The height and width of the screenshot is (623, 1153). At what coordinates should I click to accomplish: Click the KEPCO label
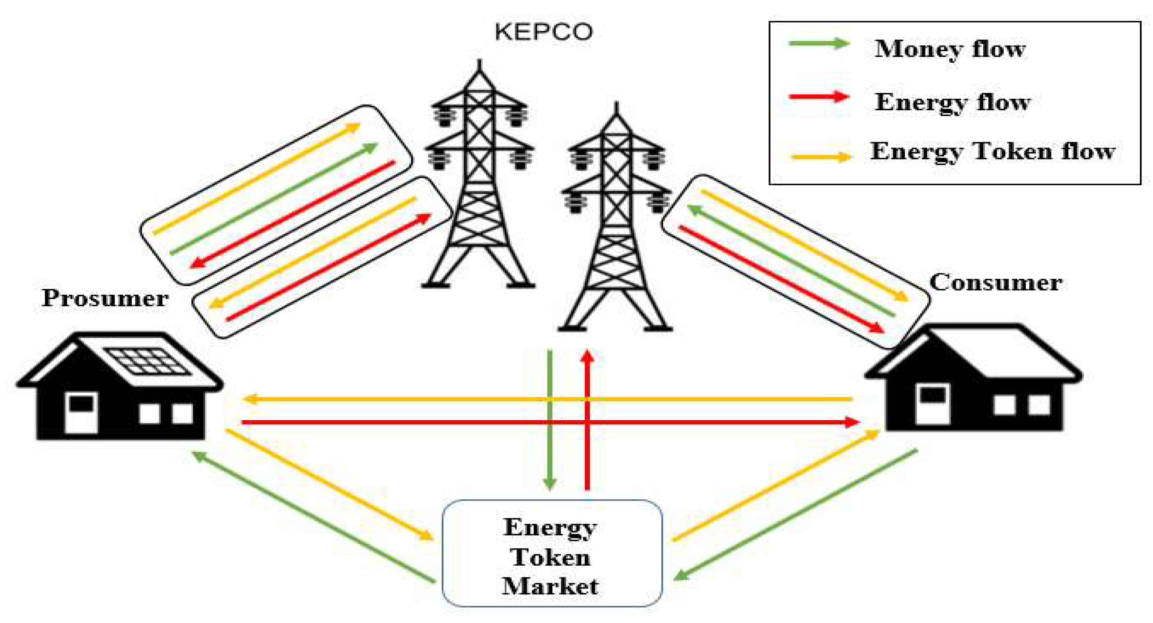point(543,32)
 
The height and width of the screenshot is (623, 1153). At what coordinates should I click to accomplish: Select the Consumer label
point(996,282)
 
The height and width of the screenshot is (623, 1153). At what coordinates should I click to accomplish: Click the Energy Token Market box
point(551,554)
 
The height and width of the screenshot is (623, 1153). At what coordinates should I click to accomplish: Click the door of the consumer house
point(933,403)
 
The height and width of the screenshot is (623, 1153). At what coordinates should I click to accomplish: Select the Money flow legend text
point(950,49)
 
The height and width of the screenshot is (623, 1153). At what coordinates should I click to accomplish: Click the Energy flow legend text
point(952,102)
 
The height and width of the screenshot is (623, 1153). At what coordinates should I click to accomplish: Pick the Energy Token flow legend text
point(992,151)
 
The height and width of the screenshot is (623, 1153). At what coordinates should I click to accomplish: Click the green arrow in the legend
point(819,43)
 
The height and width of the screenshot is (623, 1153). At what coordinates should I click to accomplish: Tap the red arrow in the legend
point(819,96)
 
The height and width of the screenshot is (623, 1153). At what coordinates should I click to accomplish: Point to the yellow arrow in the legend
point(820,157)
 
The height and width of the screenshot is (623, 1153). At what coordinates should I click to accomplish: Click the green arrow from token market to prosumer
point(313,517)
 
